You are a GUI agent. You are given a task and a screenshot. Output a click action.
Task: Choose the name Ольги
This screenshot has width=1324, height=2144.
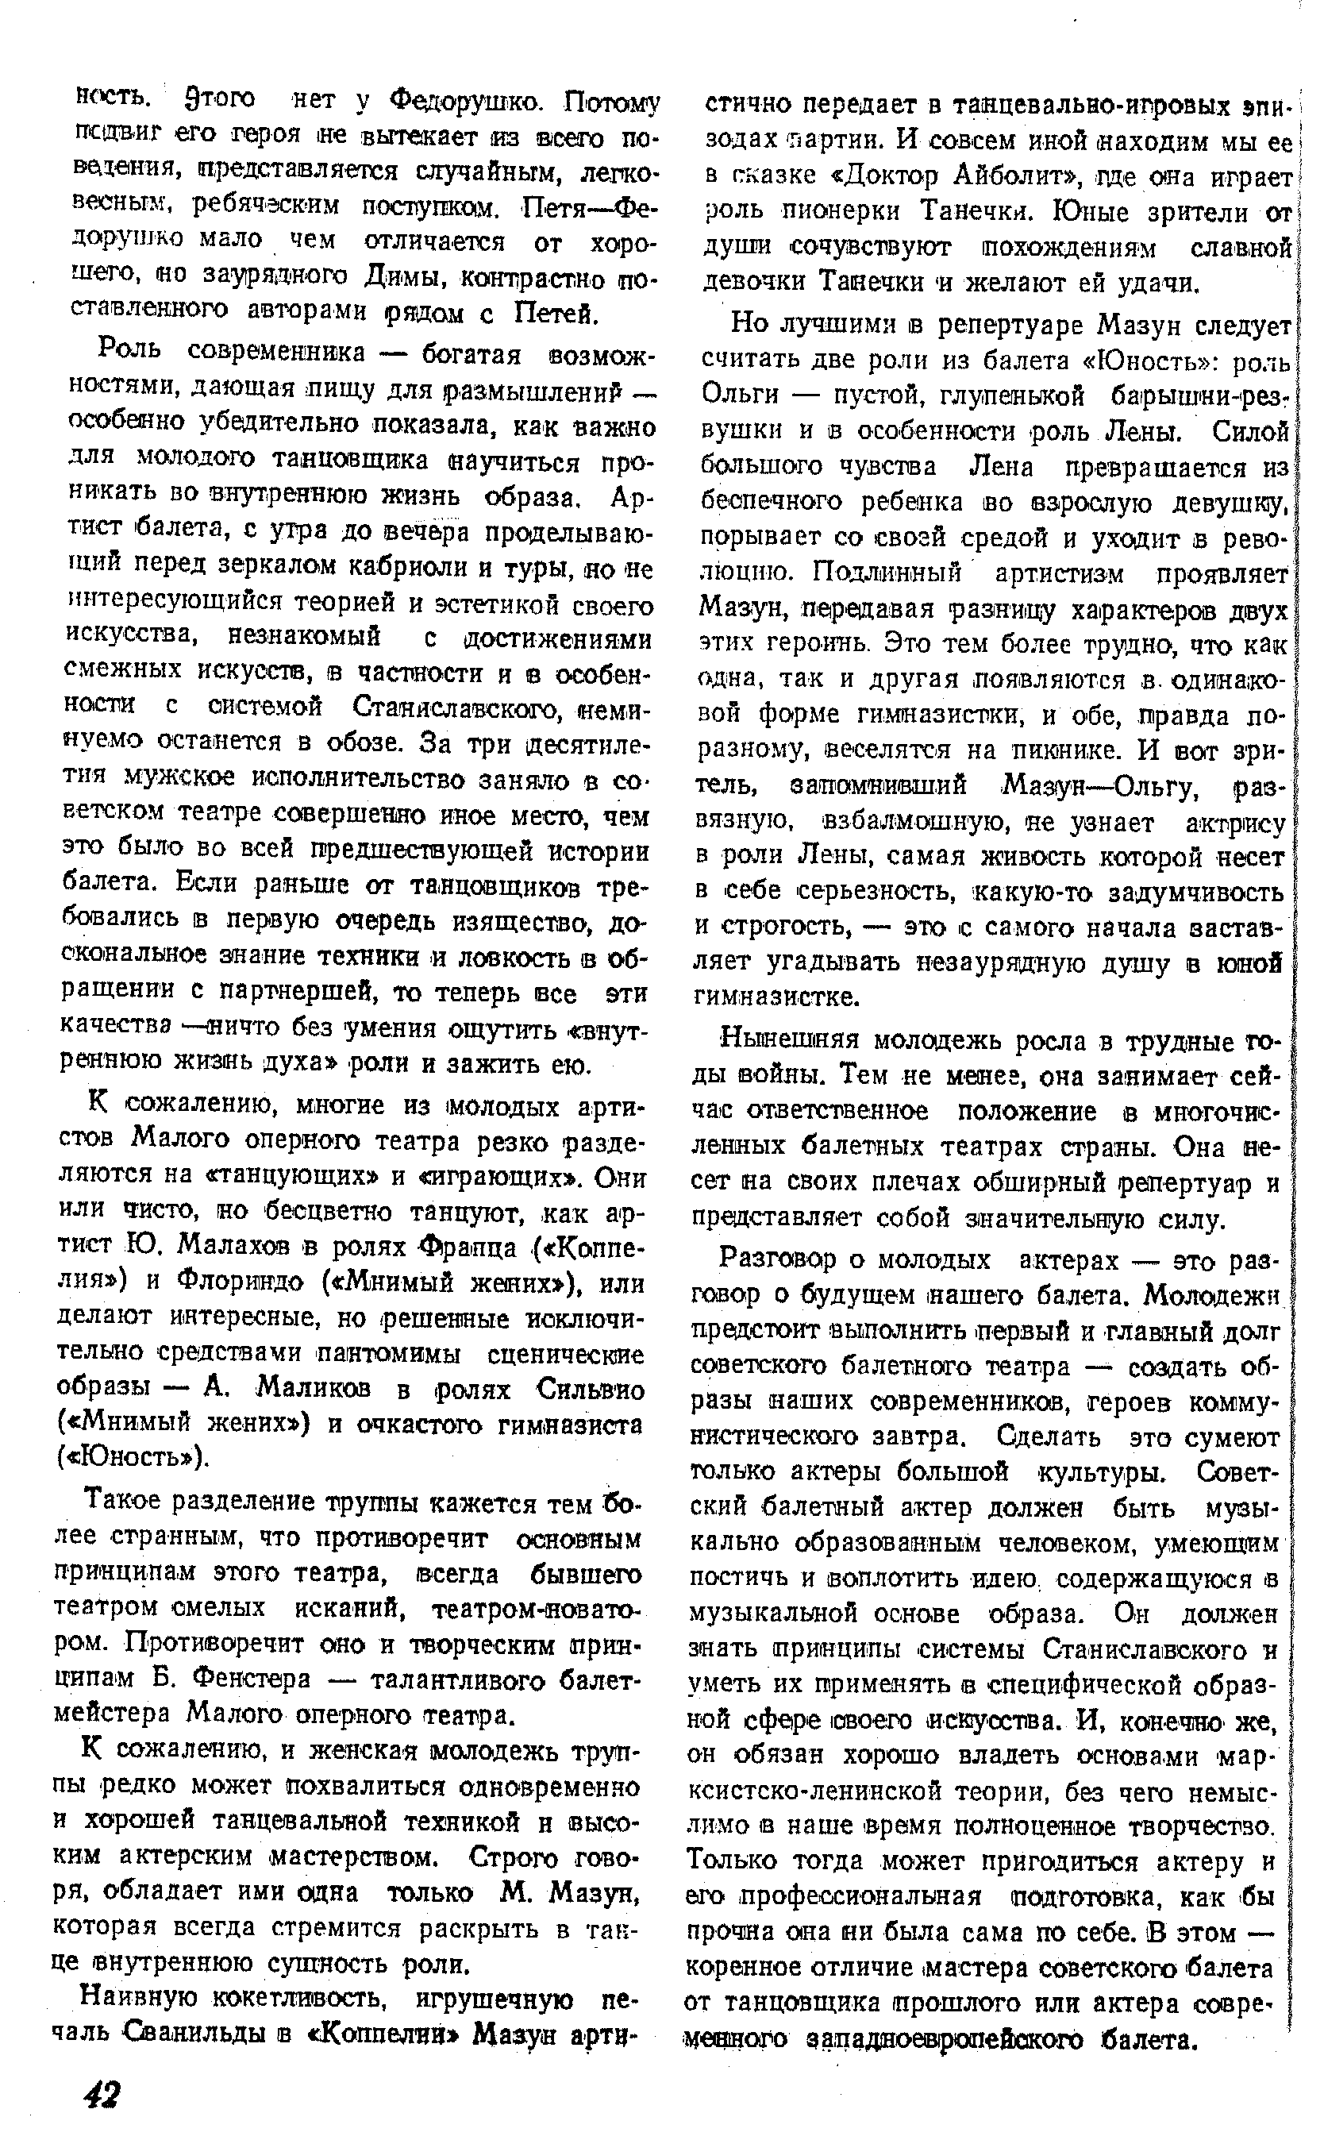coord(740,395)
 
